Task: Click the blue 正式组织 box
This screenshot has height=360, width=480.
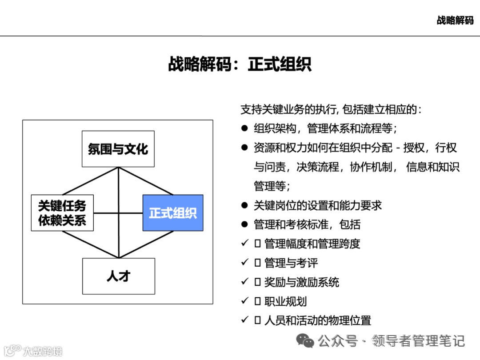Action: (x=173, y=213)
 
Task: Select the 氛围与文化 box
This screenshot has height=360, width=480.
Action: (x=118, y=149)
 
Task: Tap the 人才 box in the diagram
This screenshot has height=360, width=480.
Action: (x=119, y=276)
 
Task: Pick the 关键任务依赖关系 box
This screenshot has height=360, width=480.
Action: (x=62, y=213)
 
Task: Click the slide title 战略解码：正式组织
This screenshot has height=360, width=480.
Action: (x=240, y=64)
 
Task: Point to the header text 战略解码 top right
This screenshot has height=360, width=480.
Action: (x=455, y=20)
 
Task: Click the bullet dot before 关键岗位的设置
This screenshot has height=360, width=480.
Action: (x=244, y=205)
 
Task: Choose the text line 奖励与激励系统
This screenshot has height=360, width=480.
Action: (x=302, y=282)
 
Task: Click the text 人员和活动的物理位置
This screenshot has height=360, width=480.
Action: (x=317, y=320)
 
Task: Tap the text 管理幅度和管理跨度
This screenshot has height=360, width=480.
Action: (x=312, y=244)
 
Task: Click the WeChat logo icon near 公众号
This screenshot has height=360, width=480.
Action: (x=305, y=341)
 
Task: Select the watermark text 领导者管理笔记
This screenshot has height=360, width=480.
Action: (x=419, y=341)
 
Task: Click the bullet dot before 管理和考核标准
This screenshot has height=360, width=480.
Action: (x=244, y=224)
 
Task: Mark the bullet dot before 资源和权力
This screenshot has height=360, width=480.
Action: (x=244, y=148)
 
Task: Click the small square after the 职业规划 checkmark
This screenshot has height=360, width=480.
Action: (x=257, y=301)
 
